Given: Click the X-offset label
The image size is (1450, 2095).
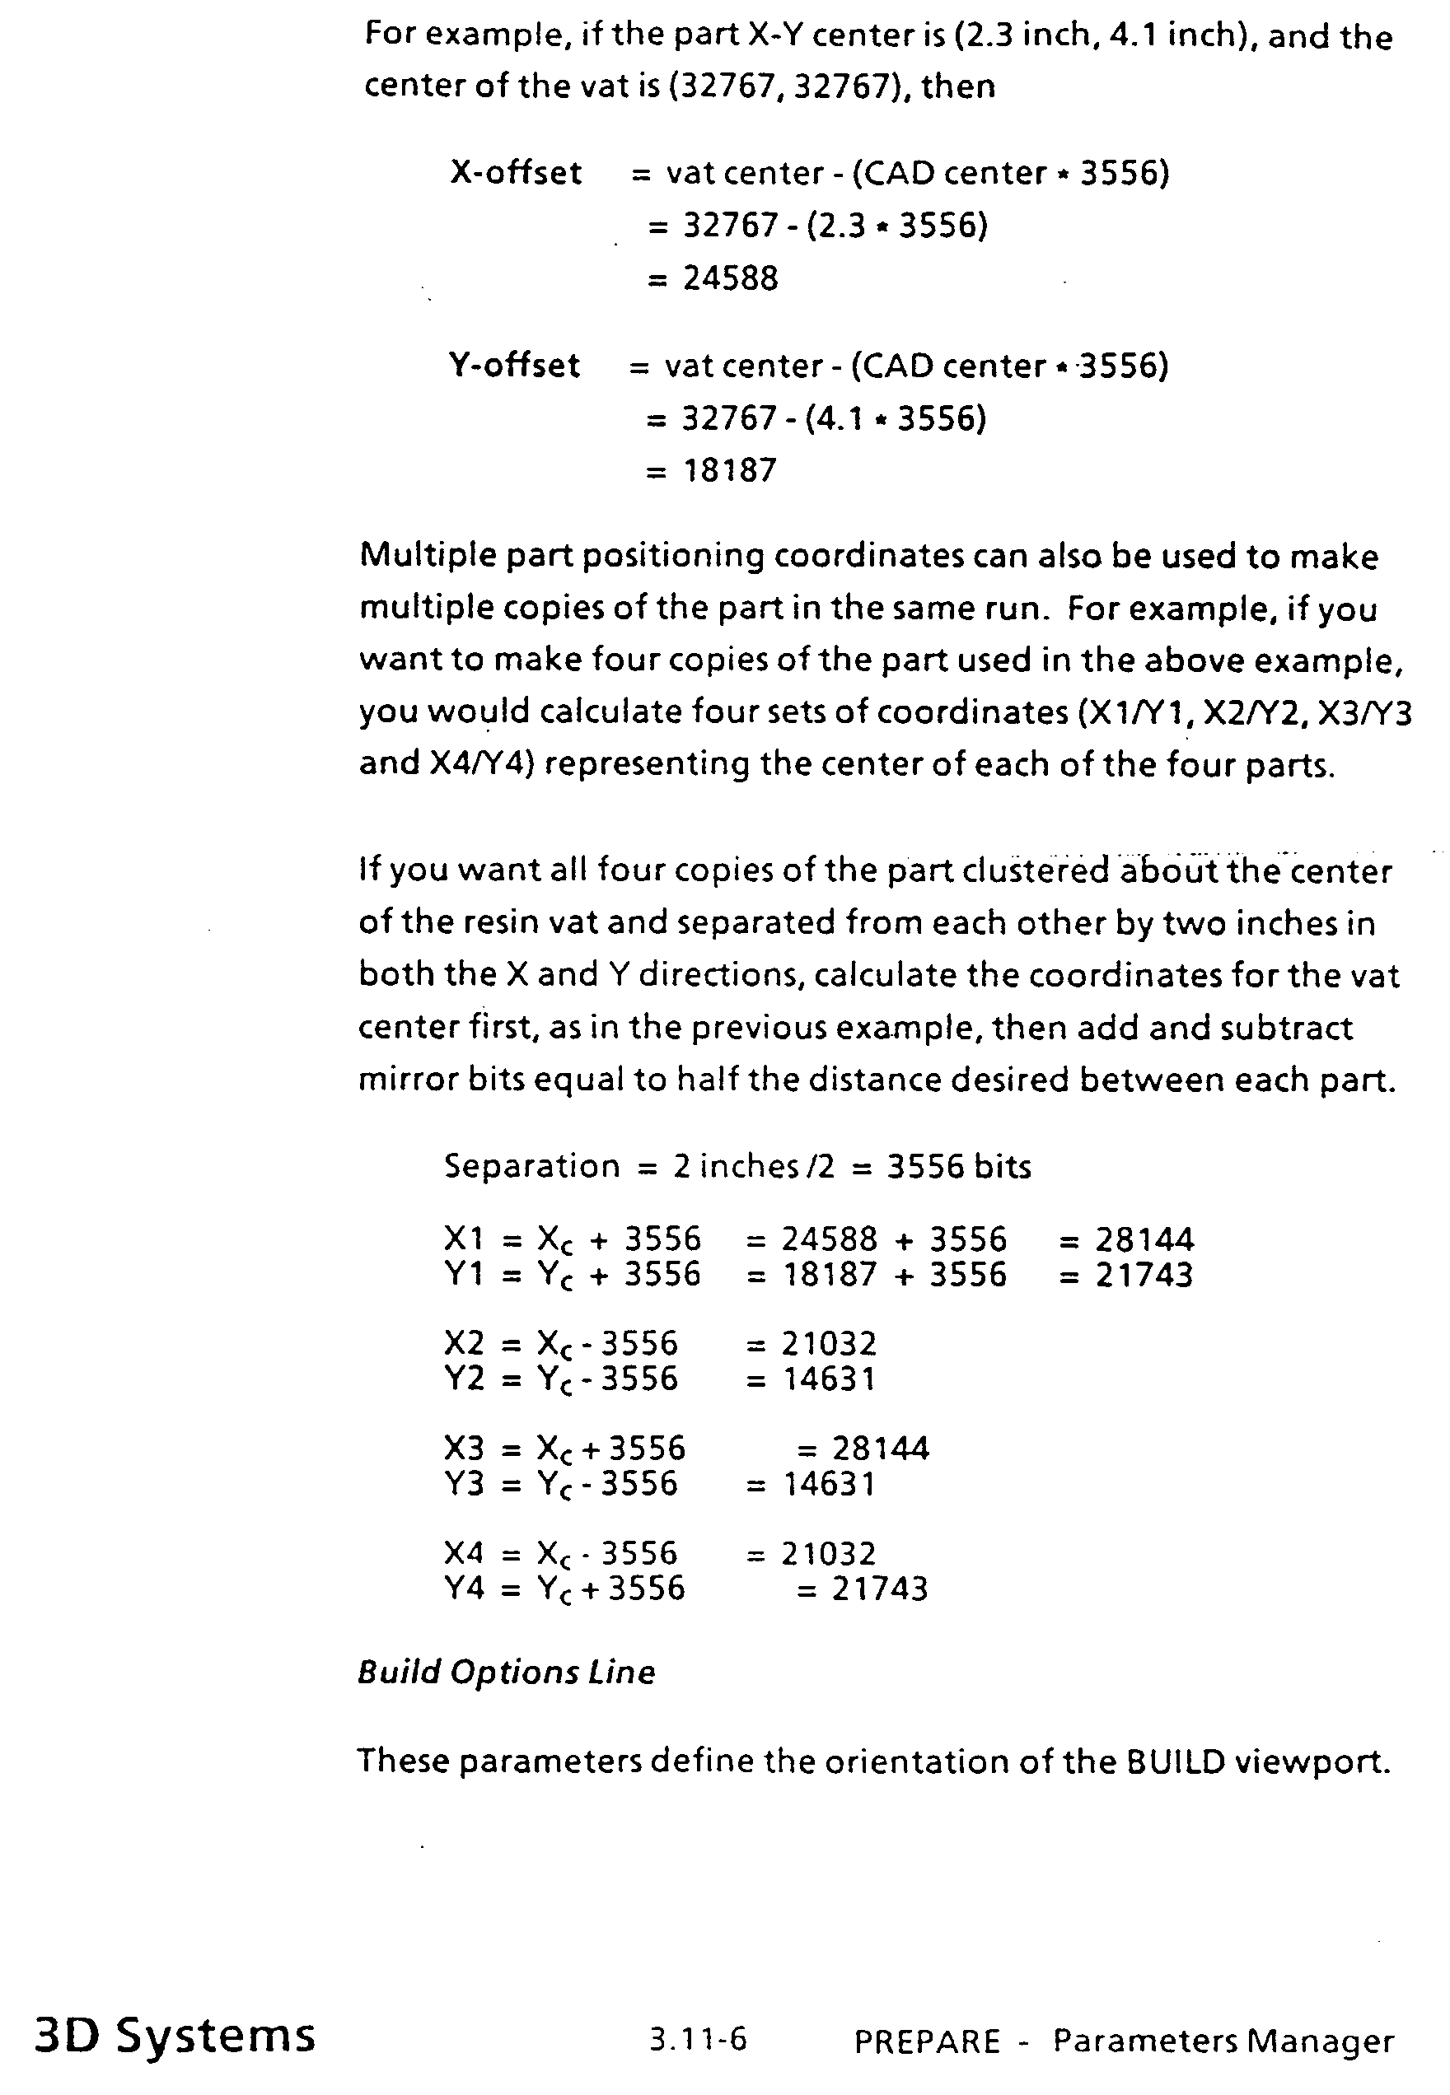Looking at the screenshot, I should tap(515, 173).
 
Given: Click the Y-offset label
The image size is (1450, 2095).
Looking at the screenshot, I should tap(513, 365).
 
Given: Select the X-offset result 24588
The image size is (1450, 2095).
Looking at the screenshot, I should tap(731, 278).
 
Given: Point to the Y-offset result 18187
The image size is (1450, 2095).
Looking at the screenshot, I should tap(730, 470).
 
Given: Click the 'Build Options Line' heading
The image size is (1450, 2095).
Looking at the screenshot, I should tap(506, 1673).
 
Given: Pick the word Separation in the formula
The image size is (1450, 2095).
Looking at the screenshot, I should tap(531, 1166).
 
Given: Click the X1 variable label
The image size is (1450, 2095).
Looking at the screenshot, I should tap(465, 1239).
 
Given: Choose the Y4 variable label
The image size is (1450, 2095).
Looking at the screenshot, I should tap(465, 1589).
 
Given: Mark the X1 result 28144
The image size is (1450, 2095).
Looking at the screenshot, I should tap(1144, 1239).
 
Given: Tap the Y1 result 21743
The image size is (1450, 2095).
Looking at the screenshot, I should tap(1144, 1275).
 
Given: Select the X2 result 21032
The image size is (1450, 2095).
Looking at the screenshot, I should tap(829, 1343).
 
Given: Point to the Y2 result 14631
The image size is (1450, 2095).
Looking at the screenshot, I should tap(829, 1379).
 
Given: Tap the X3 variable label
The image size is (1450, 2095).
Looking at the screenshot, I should tap(465, 1448).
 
